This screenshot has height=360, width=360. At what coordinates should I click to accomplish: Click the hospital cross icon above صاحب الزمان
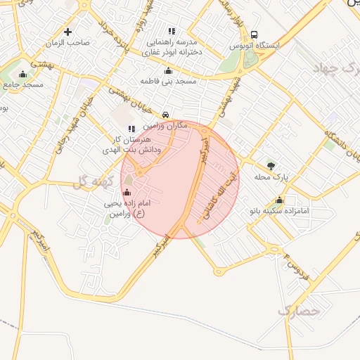pyautogui.click(x=67, y=32)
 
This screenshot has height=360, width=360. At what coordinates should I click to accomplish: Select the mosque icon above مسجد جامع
pyautogui.click(x=22, y=74)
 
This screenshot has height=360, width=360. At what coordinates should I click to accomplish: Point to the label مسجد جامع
pyautogui.click(x=23, y=84)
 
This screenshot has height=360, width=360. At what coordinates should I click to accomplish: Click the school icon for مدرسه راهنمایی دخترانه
pyautogui.click(x=172, y=30)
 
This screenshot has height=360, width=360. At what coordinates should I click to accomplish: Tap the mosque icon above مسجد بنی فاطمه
pyautogui.click(x=167, y=70)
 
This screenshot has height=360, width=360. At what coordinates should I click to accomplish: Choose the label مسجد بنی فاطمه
pyautogui.click(x=167, y=82)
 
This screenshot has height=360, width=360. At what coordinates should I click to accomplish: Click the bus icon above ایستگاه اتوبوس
pyautogui.click(x=254, y=34)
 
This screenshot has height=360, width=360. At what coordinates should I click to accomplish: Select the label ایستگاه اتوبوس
pyautogui.click(x=254, y=46)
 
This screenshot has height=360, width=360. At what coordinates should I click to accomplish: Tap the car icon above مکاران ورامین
pyautogui.click(x=165, y=114)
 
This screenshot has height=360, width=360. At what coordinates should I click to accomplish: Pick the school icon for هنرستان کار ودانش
pyautogui.click(x=131, y=128)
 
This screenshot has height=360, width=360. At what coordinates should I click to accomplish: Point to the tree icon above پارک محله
pyautogui.click(x=271, y=166)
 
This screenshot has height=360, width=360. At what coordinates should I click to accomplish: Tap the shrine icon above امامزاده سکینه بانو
pyautogui.click(x=278, y=199)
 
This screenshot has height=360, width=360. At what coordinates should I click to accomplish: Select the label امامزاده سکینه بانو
pyautogui.click(x=278, y=210)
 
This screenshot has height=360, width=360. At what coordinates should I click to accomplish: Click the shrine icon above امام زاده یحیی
pyautogui.click(x=127, y=192)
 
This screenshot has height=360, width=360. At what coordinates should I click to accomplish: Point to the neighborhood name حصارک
pyautogui.click(x=298, y=309)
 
